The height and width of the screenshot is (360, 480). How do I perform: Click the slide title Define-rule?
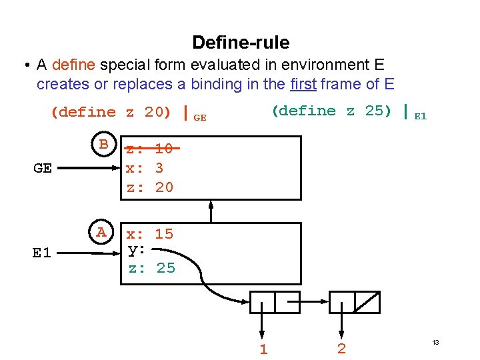[x=241, y=43]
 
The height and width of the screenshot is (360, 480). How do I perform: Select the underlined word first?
[x=304, y=84]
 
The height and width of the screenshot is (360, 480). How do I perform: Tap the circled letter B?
[x=103, y=144]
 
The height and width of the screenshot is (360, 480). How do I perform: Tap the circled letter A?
[x=101, y=233]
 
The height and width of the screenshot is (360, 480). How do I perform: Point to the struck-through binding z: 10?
[x=150, y=149]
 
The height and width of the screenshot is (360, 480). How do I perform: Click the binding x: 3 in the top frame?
[x=145, y=168]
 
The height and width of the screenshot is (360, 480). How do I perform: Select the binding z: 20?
[x=150, y=187]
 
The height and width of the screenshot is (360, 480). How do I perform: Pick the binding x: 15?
[x=150, y=234]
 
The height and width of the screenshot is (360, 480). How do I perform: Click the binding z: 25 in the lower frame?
[x=151, y=268]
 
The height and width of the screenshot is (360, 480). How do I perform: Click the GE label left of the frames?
[x=43, y=168]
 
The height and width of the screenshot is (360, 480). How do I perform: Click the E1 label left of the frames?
[x=42, y=253]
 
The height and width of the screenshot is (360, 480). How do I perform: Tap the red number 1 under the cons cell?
[x=263, y=349]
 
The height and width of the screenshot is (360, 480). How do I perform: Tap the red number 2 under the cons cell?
[x=341, y=349]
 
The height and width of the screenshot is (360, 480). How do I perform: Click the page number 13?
[x=435, y=342]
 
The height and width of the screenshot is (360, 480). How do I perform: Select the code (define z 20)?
[x=111, y=112]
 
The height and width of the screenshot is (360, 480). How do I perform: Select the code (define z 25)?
[x=331, y=111]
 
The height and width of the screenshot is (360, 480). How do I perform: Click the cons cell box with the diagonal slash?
[x=367, y=302]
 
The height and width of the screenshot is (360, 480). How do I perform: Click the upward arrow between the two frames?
[x=211, y=211]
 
